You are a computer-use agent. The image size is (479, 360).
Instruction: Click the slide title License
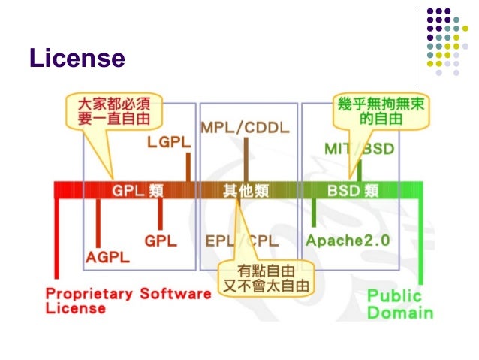pyautogui.click(x=76, y=58)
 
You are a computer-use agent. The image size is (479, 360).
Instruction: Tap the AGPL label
pyautogui.click(x=106, y=256)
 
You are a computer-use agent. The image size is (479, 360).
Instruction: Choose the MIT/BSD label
pyautogui.click(x=359, y=149)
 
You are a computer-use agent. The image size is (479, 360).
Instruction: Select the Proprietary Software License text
pyautogui.click(x=128, y=300)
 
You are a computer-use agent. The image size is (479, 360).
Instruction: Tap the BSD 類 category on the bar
pyautogui.click(x=351, y=190)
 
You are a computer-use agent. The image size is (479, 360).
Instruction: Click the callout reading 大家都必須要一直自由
pyautogui.click(x=114, y=110)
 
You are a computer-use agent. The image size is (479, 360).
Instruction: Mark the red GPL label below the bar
pyautogui.click(x=160, y=241)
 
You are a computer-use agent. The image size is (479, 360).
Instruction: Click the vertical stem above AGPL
pyautogui.click(x=98, y=222)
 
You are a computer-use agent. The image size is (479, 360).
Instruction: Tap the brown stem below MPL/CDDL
pyautogui.click(x=246, y=159)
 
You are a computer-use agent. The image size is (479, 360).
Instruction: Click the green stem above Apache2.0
pyautogui.click(x=313, y=213)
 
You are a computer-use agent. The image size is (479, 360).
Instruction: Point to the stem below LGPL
pyautogui.click(x=188, y=166)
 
